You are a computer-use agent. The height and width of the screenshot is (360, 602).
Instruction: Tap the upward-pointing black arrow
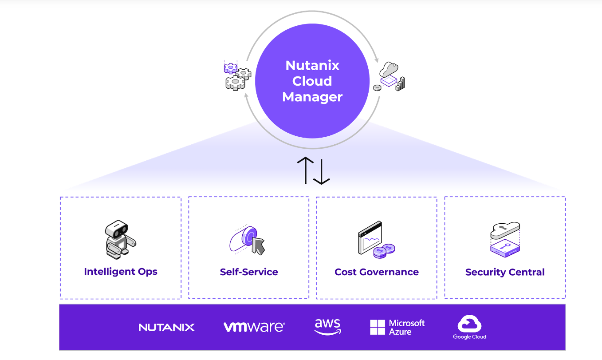point(306,170)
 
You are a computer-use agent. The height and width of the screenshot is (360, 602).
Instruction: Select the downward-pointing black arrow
point(321,170)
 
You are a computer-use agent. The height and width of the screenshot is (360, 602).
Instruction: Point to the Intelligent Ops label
point(121,272)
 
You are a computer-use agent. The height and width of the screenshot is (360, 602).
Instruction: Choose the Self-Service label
point(249,272)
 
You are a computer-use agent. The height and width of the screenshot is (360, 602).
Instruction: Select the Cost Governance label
point(377,272)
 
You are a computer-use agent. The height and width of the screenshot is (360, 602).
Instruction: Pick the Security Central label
point(505,272)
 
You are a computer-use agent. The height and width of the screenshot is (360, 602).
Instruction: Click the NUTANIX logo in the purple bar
point(167,328)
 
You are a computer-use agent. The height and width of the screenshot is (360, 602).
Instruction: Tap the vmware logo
point(254,327)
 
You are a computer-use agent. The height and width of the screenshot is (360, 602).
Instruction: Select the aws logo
point(327,326)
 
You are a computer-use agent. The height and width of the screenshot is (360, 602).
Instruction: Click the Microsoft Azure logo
point(397,327)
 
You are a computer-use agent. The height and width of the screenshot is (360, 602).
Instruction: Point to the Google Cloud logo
point(469,328)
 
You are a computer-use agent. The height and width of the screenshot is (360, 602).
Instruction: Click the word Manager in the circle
point(312,97)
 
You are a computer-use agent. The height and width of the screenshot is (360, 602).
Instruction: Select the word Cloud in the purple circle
point(312,81)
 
